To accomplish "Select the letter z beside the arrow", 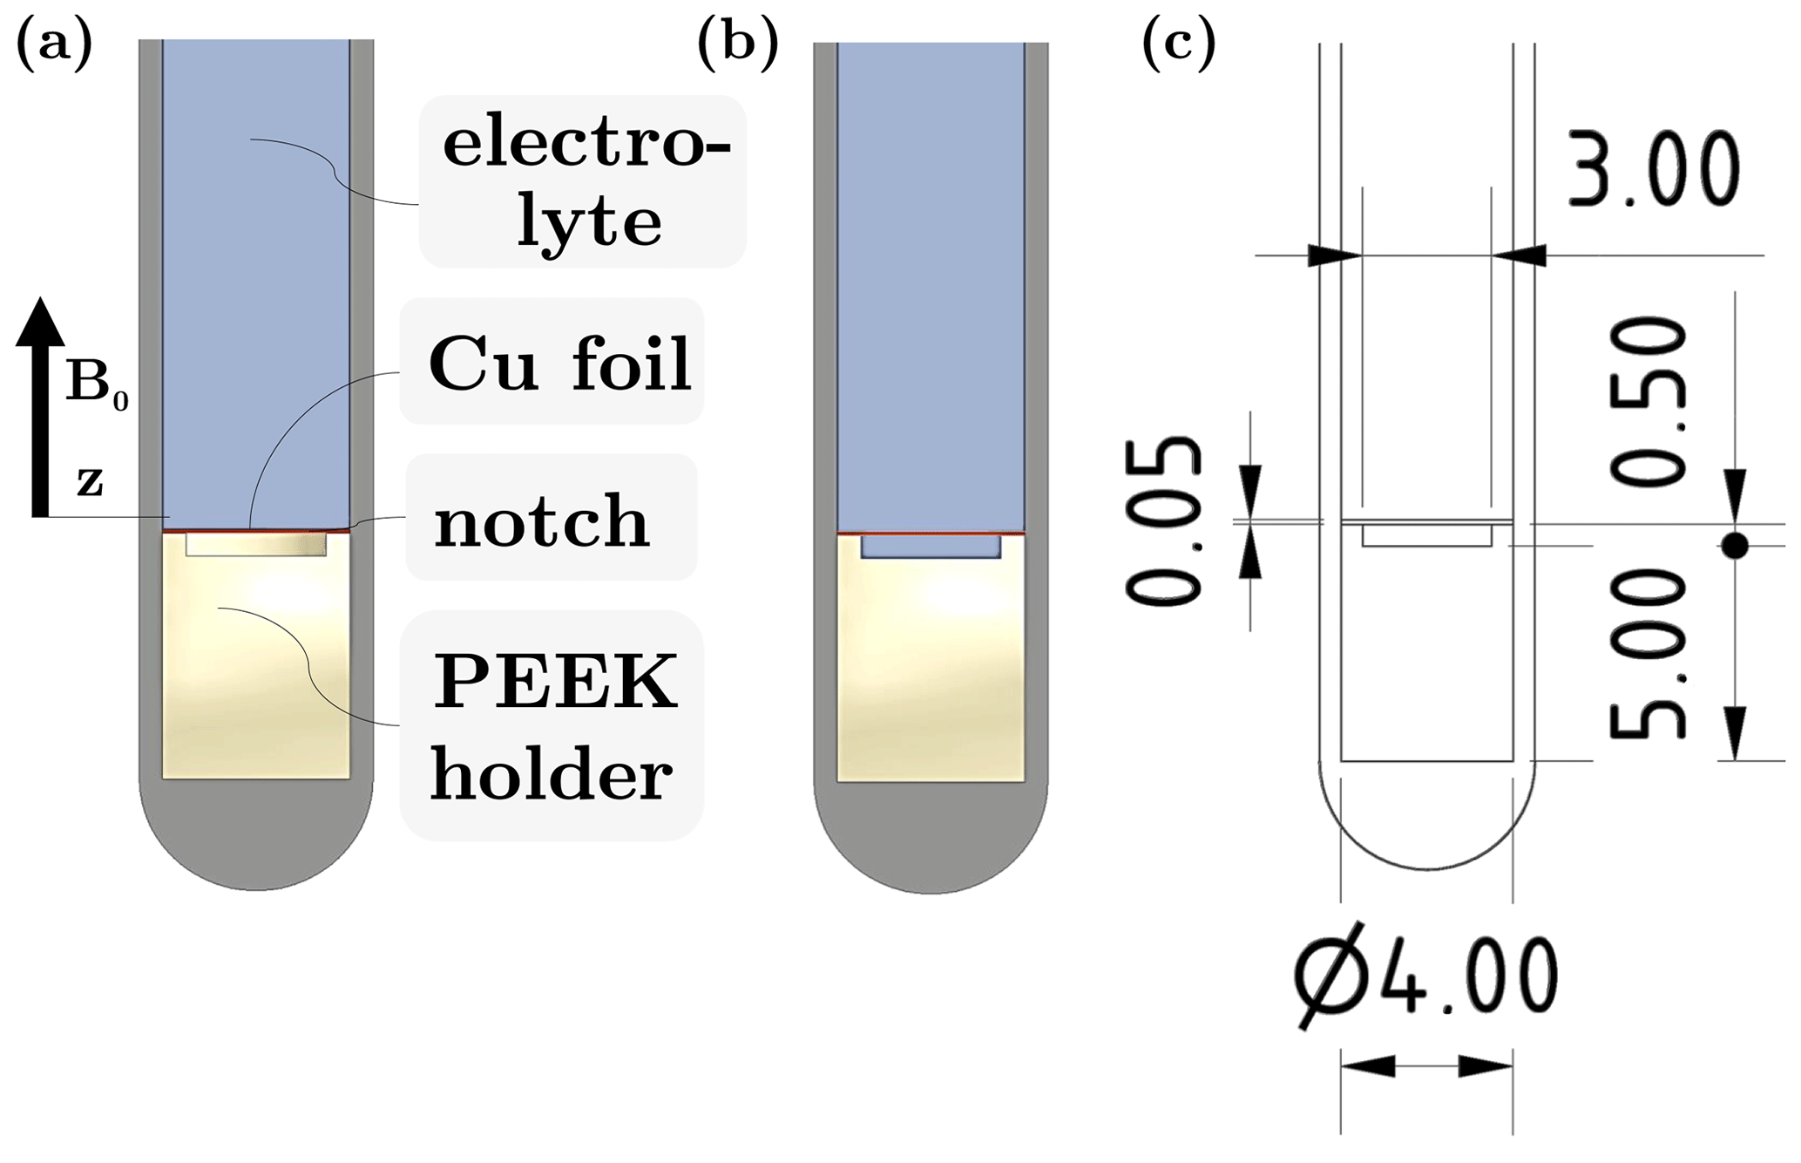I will [x=89, y=481].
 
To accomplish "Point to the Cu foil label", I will [x=559, y=363].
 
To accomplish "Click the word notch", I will [x=542, y=520].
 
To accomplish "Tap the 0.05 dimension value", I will [x=1163, y=520].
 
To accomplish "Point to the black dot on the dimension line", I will [x=1734, y=547].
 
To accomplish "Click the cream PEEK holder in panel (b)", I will [x=931, y=671].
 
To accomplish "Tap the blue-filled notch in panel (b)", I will [x=931, y=547].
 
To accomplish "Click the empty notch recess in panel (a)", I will [x=256, y=545].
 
